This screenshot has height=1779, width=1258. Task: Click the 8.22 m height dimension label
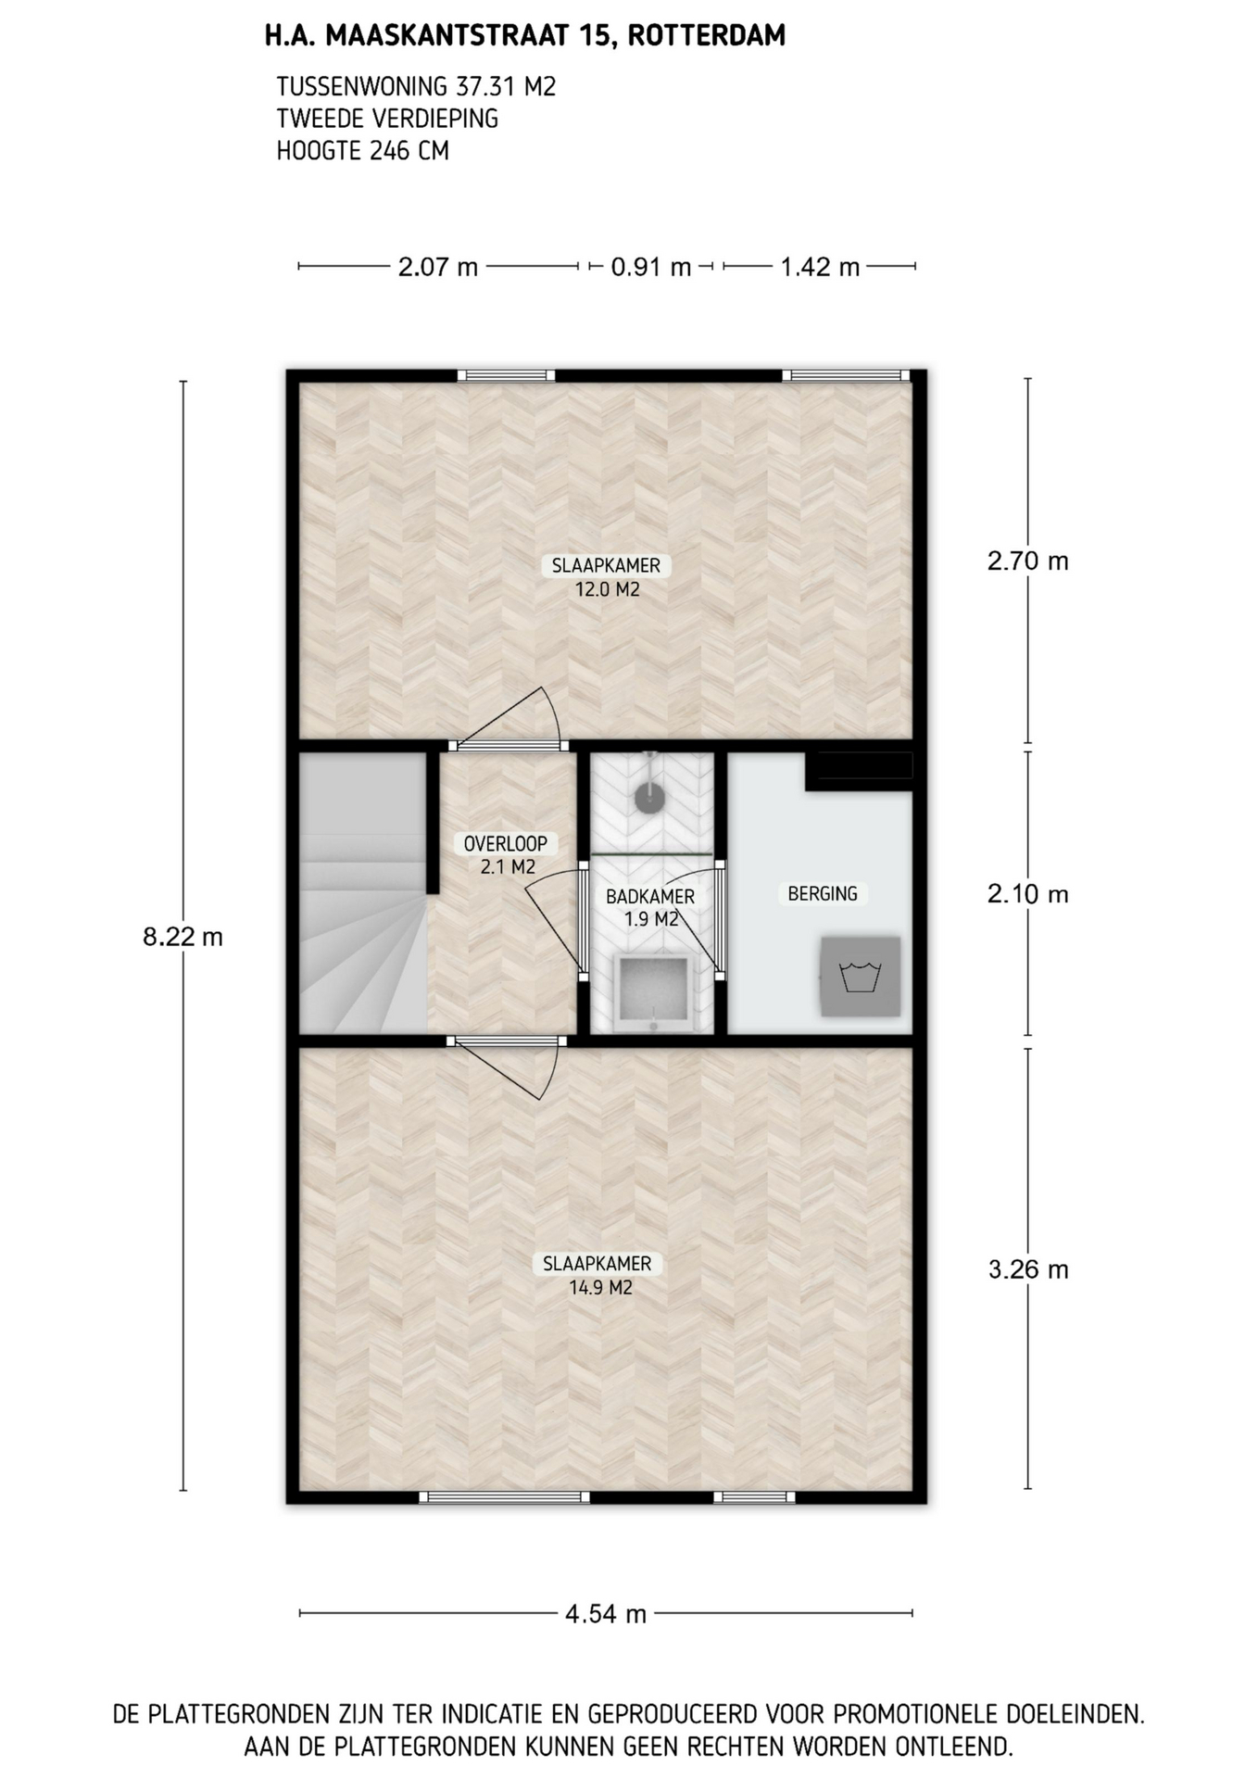click(182, 937)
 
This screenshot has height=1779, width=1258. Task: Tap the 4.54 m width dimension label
click(606, 1613)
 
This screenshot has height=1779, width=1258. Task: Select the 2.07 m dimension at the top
click(438, 267)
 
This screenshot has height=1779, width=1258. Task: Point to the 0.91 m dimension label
click(651, 267)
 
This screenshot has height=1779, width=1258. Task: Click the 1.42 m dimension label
click(820, 267)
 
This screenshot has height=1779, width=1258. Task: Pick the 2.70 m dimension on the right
click(1028, 561)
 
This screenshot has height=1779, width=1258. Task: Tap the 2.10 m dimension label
click(1028, 894)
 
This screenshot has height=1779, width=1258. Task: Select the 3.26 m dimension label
click(1028, 1268)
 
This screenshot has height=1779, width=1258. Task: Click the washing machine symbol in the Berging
click(860, 977)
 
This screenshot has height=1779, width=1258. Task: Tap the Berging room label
click(823, 894)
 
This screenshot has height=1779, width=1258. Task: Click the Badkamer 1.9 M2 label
click(650, 908)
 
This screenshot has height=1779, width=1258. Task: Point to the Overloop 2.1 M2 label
click(506, 855)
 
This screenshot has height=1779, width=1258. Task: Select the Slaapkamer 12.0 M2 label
click(607, 577)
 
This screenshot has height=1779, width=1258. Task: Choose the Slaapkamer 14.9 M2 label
click(598, 1275)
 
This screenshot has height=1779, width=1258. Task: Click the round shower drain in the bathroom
click(650, 796)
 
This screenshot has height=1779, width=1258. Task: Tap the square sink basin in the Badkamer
click(653, 990)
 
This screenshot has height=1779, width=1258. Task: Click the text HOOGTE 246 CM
click(363, 150)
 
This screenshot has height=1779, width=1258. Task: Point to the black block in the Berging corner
click(860, 771)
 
